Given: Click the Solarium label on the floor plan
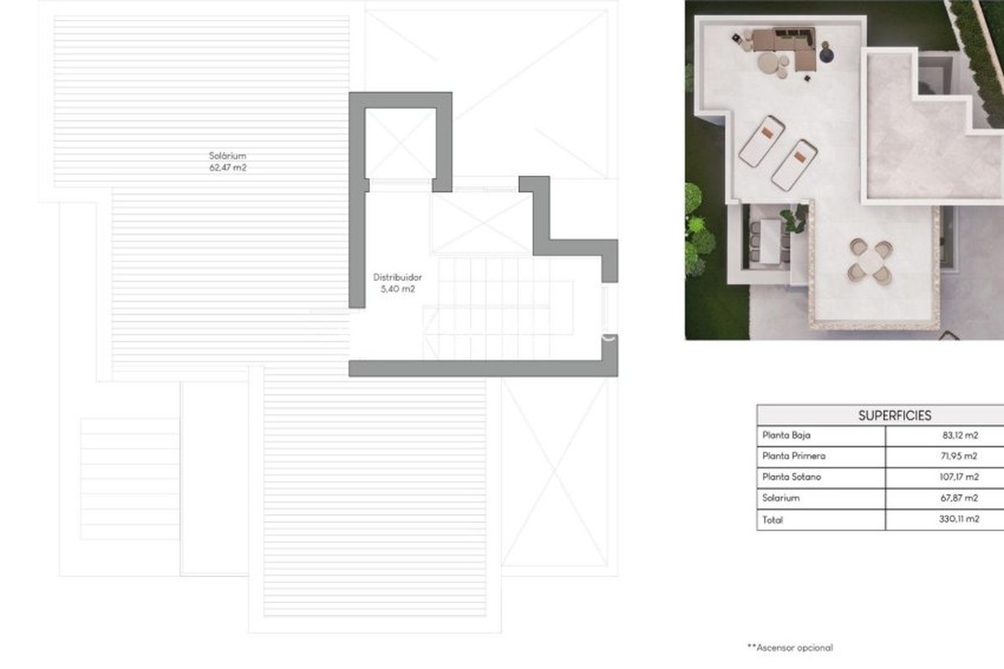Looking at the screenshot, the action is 228,156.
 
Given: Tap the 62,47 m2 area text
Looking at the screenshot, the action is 228,167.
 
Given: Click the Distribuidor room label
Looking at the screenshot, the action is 397,278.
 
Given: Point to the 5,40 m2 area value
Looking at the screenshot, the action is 397,289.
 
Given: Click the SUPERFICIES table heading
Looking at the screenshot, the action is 894,416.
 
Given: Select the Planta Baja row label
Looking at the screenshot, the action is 786,435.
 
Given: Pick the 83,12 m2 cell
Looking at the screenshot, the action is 960,435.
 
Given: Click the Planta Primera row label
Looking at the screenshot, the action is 794,456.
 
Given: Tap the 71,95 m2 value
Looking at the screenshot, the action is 959,456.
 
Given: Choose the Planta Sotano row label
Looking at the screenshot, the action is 791,477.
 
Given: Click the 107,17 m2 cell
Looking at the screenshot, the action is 959,477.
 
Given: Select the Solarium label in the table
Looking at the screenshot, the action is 781,498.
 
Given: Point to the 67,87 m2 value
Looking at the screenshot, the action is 959,498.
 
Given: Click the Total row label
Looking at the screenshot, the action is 772,520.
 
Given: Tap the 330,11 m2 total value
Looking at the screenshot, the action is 959,518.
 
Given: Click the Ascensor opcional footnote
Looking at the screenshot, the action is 790,647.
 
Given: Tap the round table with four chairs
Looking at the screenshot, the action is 870,262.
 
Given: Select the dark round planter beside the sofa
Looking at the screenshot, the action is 827,54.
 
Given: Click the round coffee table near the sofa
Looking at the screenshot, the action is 768,63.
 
